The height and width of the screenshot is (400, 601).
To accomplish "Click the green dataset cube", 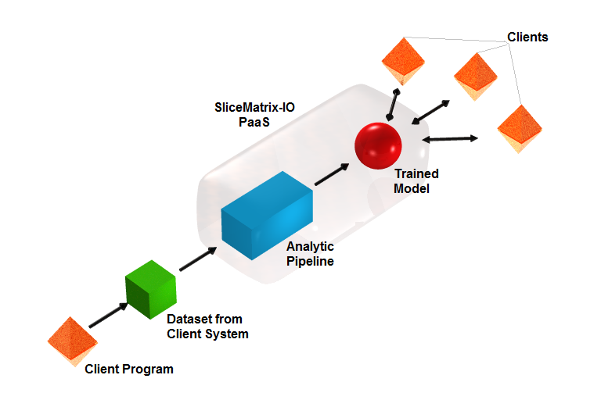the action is click(150, 289).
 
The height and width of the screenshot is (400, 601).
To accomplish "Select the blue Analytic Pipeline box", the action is click(267, 216).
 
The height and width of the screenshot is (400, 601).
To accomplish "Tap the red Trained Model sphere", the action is click(378, 146).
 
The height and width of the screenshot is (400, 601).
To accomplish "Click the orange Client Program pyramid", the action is click(73, 341).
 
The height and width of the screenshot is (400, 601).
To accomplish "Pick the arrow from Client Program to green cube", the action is click(108, 315).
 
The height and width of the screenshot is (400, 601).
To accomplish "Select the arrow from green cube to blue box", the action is click(198, 259).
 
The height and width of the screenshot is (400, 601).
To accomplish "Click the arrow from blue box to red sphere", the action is click(332, 174).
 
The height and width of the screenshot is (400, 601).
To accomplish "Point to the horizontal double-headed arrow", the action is click(450, 139).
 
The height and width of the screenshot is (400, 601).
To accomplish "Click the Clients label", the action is click(527, 37).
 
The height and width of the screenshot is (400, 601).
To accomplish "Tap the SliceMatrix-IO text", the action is click(254, 107).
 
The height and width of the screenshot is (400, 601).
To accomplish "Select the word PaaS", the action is click(254, 122).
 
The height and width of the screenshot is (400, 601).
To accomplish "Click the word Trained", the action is click(416, 173).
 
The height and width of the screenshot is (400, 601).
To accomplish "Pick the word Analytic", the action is click(310, 247).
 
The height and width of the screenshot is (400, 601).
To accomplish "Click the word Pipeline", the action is click(310, 262).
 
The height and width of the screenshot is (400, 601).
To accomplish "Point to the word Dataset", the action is click(189, 319).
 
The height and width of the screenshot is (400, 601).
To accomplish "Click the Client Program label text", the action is click(129, 369).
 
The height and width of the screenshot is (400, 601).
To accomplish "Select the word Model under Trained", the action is click(412, 188).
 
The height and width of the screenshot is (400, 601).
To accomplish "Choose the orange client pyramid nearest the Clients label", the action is click(475, 77).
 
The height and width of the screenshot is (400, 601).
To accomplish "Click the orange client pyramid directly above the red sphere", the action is click(403, 61).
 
